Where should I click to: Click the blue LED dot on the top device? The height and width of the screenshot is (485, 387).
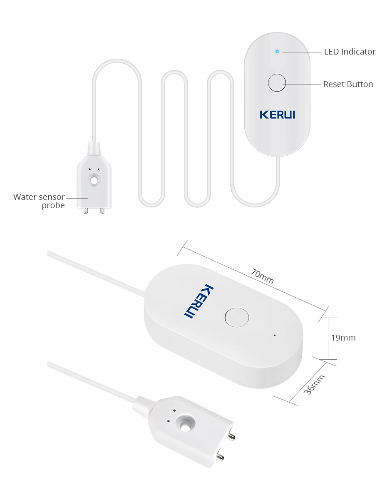tap(277, 52)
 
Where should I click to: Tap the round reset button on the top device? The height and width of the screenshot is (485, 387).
tap(277, 83)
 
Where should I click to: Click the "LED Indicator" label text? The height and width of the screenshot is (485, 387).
tap(350, 52)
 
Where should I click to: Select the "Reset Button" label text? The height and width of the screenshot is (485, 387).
tap(348, 84)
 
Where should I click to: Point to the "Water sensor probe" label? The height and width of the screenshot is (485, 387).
tap(39, 201)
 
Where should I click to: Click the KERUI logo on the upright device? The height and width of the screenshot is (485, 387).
tap(277, 114)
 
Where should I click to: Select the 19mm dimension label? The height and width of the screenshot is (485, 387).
tap(343, 338)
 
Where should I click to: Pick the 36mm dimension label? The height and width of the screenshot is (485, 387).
tap(315, 385)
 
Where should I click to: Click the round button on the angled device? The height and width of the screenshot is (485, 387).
tap(236, 317)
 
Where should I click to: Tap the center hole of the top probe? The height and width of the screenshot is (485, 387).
tap(94, 181)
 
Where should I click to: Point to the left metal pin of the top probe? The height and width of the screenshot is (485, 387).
tap(86, 210)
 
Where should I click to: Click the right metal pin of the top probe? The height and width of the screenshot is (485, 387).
tap(102, 210)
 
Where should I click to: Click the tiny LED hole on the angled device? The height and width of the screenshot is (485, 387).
tap(274, 334)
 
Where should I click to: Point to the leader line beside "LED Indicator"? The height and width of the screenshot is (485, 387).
tap(301, 52)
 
